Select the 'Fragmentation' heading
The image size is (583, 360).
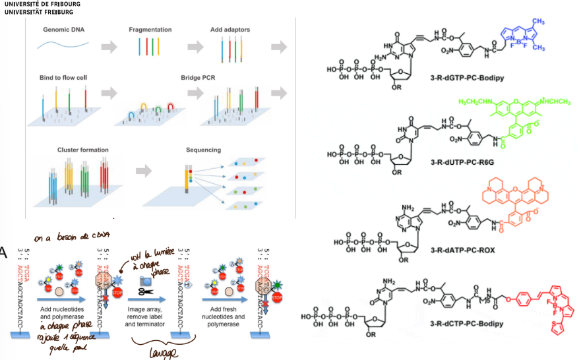click(150, 30)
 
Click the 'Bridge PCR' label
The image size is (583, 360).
click(199, 78)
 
